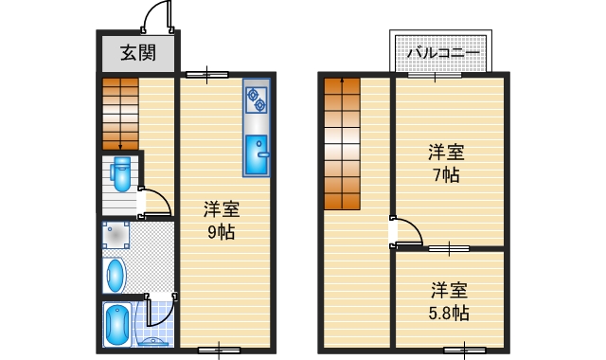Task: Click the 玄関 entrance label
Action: coord(137,52)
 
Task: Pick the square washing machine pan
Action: coord(116,236)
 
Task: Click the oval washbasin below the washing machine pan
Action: coord(115,276)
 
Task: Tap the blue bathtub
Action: coord(116,325)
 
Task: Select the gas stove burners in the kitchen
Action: coord(256,97)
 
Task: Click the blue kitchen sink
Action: coord(256,155)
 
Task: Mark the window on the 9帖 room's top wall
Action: coord(205,73)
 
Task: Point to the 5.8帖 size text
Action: coord(448,312)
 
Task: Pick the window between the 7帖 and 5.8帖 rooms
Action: coord(448,248)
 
